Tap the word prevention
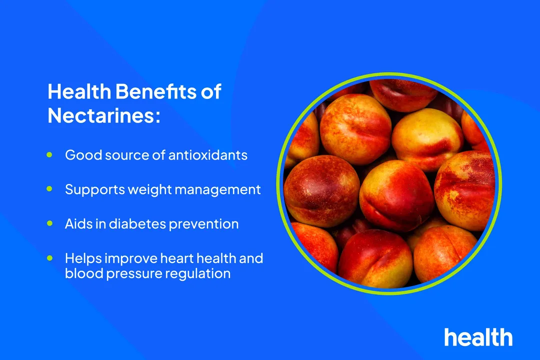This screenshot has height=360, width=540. click(203, 224)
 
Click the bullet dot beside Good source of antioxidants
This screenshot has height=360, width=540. click(49, 155)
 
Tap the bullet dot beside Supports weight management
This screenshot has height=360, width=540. click(49, 189)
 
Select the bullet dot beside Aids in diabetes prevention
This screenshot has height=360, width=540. click(49, 224)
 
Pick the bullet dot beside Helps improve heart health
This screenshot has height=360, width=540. click(49, 258)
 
